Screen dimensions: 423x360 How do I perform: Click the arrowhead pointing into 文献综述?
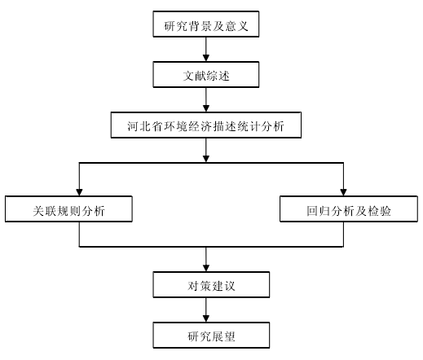[206, 58]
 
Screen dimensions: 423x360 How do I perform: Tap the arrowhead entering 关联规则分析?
[79, 192]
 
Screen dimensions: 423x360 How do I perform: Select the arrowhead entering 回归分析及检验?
[343, 192]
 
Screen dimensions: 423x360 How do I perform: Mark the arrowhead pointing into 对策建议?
[206, 268]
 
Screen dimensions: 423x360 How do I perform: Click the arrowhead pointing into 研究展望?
[206, 318]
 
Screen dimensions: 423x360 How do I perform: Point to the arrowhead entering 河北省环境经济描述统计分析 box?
[206, 108]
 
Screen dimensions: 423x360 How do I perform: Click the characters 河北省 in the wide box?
[144, 126]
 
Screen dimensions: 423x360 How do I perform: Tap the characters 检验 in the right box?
[379, 211]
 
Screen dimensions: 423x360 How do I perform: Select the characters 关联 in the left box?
[45, 211]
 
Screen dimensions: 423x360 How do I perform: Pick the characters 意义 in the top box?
[236, 26]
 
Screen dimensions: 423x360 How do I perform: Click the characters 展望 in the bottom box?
[223, 336]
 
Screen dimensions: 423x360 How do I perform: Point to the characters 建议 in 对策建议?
[223, 286]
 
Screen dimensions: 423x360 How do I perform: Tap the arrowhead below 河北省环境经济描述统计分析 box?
[206, 159]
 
